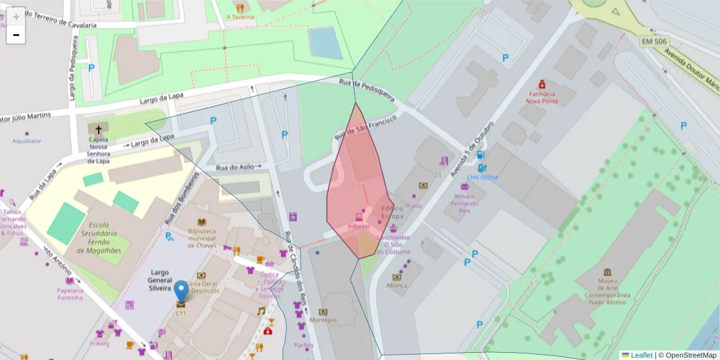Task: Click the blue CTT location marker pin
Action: (x=181, y=291)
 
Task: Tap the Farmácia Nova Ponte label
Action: (x=542, y=97)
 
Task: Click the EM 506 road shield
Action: (x=654, y=42)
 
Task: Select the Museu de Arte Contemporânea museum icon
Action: (x=608, y=272)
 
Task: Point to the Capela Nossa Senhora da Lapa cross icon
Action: (x=98, y=129)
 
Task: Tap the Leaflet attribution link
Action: (x=641, y=355)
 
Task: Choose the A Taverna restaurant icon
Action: (x=240, y=8)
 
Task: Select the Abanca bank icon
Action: (x=396, y=277)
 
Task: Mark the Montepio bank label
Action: (x=323, y=320)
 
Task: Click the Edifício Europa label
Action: (x=392, y=212)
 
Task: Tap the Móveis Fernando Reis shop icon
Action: (x=464, y=187)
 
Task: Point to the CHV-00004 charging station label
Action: (x=482, y=178)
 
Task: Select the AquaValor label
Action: (x=27, y=141)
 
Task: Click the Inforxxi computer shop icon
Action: (x=359, y=217)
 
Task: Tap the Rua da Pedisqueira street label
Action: (x=366, y=89)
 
